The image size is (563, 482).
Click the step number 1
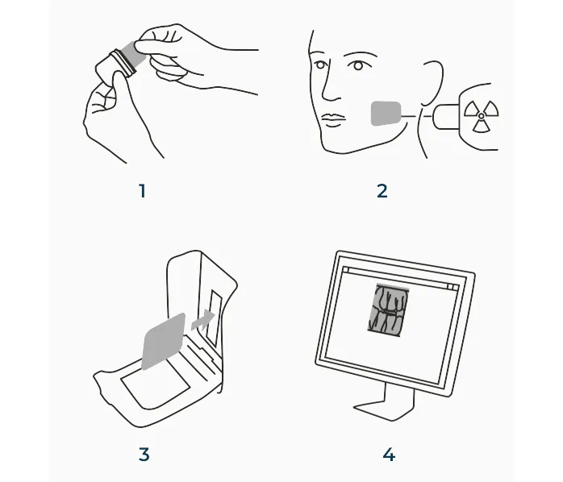[143, 191]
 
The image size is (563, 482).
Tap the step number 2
[382, 191]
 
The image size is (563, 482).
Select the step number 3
[144, 455]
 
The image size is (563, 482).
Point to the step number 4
[390, 455]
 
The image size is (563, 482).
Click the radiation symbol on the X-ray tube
[482, 115]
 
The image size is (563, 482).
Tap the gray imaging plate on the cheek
[386, 114]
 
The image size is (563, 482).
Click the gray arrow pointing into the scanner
[203, 320]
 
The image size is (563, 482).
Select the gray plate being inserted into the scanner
[164, 341]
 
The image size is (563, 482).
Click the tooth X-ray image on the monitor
[389, 310]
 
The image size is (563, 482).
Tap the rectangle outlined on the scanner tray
[155, 381]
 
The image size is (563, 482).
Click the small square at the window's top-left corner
[346, 269]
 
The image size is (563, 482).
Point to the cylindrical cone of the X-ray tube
[446, 116]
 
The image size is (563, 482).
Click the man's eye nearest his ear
[357, 65]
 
